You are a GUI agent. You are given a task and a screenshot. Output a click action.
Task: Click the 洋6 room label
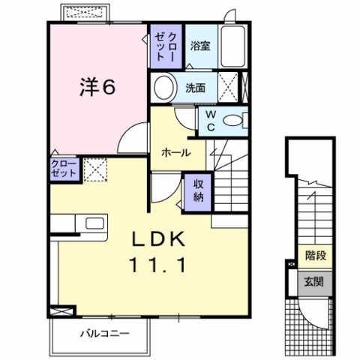[97, 87]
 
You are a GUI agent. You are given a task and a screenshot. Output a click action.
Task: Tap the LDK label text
[159, 239]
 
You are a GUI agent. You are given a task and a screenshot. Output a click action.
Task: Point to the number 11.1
[157, 265]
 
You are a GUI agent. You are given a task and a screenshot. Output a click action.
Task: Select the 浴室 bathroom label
[200, 46]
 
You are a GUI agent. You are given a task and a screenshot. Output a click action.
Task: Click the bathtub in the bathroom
[232, 46]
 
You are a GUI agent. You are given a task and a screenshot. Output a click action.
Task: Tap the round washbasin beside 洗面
[164, 88]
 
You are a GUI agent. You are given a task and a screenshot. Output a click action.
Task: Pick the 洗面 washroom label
[195, 88]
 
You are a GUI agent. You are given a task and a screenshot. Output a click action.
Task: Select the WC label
[211, 121]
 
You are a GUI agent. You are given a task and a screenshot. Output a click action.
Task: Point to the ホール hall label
[176, 152]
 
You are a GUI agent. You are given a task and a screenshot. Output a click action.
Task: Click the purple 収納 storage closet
[198, 192]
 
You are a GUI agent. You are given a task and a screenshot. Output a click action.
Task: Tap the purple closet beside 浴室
[166, 46]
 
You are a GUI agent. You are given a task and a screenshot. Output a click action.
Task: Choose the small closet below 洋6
[64, 169]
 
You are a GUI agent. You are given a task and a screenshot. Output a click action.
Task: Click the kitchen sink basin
[94, 223]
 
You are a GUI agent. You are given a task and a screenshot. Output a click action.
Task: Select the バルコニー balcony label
[105, 334]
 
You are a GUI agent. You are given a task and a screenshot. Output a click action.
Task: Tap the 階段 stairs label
[316, 256]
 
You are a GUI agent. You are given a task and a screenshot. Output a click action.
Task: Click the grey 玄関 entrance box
[314, 283]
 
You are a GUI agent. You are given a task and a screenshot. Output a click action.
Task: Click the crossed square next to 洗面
[228, 87]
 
